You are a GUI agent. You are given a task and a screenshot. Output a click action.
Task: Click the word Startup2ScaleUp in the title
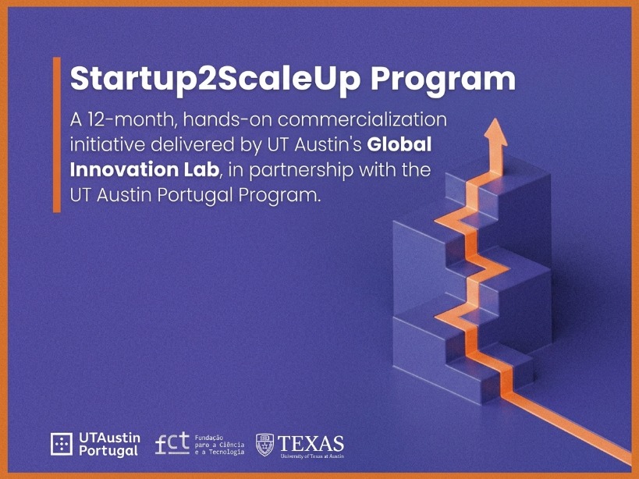coord(215,80)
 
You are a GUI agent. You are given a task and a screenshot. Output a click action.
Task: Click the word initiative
coord(108,144)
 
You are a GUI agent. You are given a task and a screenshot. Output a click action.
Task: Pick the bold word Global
coord(399,144)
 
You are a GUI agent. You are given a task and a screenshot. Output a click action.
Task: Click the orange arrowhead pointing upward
coord(495,133)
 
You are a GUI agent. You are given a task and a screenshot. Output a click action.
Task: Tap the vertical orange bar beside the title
coord(57,135)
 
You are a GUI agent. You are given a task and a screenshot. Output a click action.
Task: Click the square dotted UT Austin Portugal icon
coord(62,444)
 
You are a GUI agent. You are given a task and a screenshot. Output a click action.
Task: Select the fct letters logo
coord(172,444)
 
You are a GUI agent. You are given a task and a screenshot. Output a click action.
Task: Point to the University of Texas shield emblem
coord(264,445)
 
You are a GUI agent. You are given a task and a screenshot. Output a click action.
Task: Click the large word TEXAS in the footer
coord(311,443)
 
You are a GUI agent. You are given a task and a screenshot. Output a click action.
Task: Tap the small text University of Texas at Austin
coord(312,456)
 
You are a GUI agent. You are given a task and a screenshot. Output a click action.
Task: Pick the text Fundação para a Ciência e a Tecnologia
coord(220,445)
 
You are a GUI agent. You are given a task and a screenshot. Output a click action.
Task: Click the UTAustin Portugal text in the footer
coord(110,445)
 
